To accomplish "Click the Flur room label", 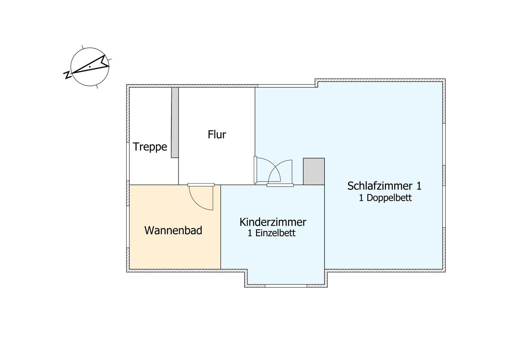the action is (217, 134).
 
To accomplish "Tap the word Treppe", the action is (150, 147).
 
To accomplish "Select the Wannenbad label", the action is (173, 231).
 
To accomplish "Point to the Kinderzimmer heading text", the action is (273, 222).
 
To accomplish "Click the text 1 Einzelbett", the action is (271, 233).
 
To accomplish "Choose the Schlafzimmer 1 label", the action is (384, 186).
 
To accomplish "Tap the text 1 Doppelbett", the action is (385, 198).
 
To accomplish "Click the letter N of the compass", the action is (67, 75).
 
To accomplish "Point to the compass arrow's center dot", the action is (90, 67).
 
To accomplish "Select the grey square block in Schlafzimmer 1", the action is (314, 172).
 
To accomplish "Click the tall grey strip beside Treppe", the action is (175, 123).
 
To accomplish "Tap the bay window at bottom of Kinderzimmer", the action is (286, 286).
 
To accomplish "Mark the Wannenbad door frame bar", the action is (201, 185).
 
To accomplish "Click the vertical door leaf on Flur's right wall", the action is (255, 170).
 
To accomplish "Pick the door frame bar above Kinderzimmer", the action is (280, 185).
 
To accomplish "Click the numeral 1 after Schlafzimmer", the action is (419, 186).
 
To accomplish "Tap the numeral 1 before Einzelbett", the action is (250, 233).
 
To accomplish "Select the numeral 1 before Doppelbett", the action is (361, 198).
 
